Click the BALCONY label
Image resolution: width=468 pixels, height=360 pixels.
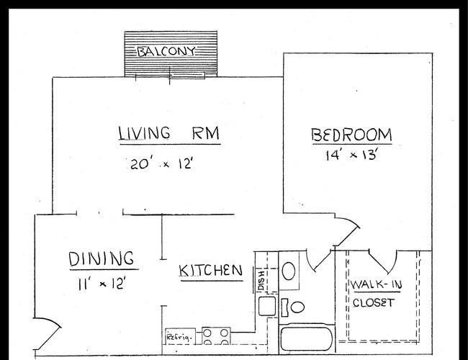pos(166,51)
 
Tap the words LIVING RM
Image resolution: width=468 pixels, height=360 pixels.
pos(169,133)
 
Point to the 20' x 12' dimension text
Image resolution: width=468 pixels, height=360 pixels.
pos(161,163)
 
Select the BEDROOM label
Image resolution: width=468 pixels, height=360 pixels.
pos(351,135)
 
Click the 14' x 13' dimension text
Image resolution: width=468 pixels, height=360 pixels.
pos(352,155)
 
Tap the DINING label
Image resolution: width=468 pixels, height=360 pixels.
pos(102,258)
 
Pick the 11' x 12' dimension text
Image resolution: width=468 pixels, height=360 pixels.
pos(101,283)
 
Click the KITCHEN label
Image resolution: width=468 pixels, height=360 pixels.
pos(211,271)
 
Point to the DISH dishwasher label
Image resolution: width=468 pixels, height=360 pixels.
pos(261,281)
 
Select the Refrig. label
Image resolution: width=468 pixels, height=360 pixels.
pos(179,337)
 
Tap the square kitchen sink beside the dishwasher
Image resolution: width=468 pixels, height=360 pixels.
pos(267,306)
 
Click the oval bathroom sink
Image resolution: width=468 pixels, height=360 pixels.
pos(289,271)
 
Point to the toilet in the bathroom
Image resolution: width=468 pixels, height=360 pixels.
pos(292,307)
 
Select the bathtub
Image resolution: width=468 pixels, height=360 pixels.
pos(307,339)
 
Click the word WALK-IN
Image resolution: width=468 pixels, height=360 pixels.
pos(376,284)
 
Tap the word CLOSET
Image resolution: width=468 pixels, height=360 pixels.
pos(374,302)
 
